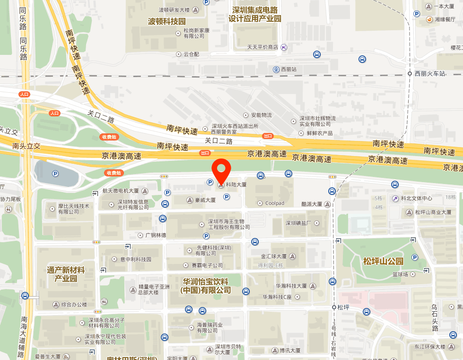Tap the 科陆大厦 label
(x=236, y=184)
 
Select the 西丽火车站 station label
(x=430, y=74)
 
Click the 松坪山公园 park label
(x=383, y=261)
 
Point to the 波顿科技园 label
(x=167, y=22)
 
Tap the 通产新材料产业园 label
(x=66, y=274)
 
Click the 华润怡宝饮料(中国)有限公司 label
(x=205, y=285)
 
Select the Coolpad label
(x=275, y=203)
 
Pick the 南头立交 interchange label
(x=26, y=146)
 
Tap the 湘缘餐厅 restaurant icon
(x=430, y=19)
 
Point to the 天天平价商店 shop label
(x=262, y=47)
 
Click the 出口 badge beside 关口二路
(x=268, y=136)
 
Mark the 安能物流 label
(x=262, y=115)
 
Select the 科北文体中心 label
(x=416, y=198)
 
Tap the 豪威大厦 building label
(x=205, y=200)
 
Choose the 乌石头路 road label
(x=435, y=317)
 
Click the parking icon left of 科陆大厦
(x=210, y=182)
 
